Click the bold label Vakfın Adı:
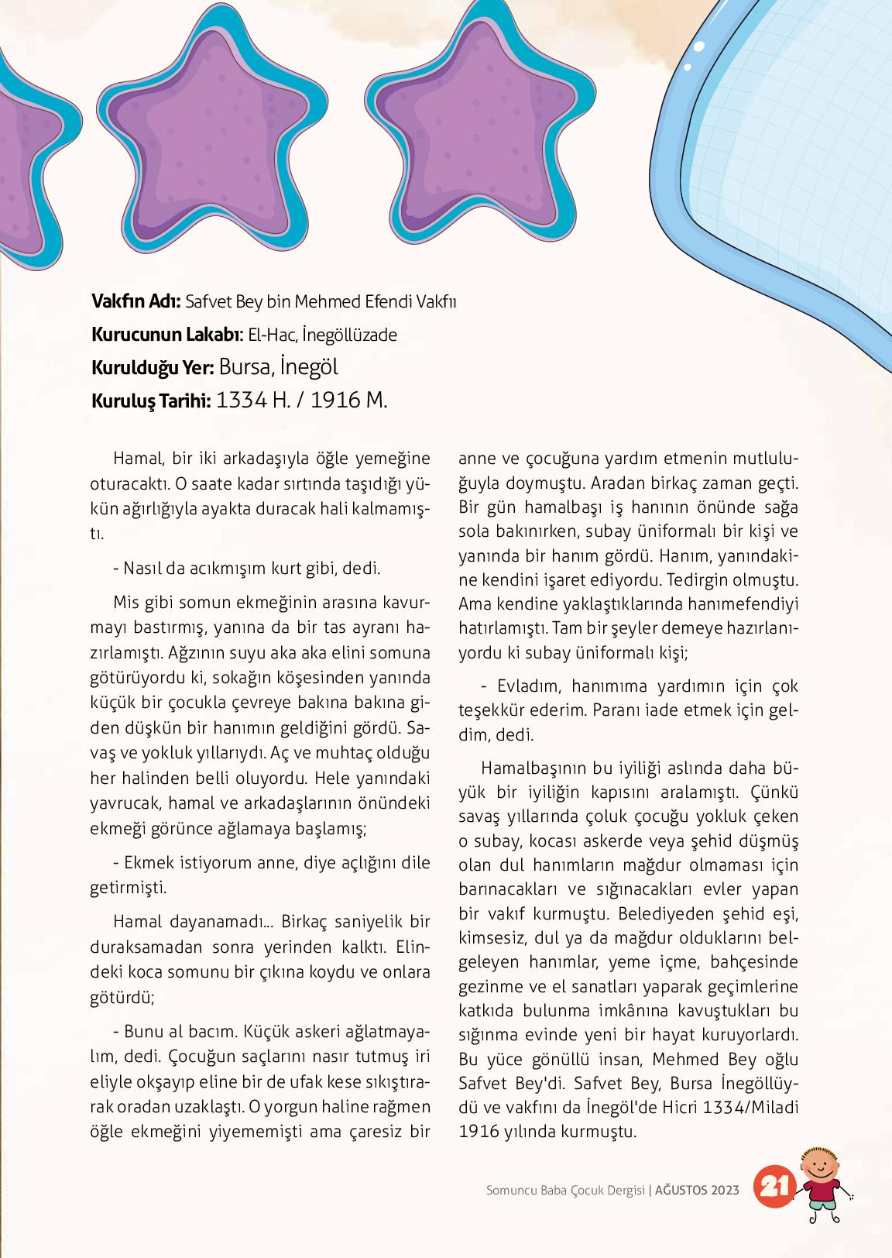[136, 301]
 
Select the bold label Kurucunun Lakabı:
[166, 335]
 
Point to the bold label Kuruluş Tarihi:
[151, 401]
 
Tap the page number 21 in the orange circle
[775, 1185]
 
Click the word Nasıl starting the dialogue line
[142, 568]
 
